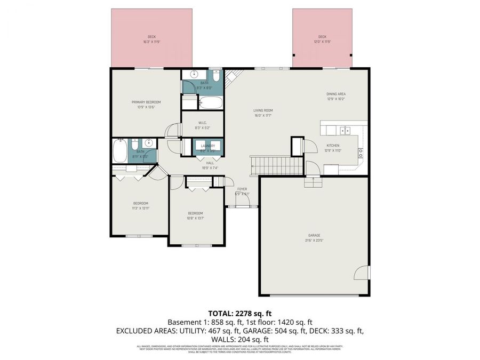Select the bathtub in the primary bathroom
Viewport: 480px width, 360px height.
(210, 102)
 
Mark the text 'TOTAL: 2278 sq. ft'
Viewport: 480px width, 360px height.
(239, 314)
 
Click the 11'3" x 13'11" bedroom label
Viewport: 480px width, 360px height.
(141, 205)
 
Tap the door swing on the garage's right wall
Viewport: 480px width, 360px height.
(362, 273)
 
